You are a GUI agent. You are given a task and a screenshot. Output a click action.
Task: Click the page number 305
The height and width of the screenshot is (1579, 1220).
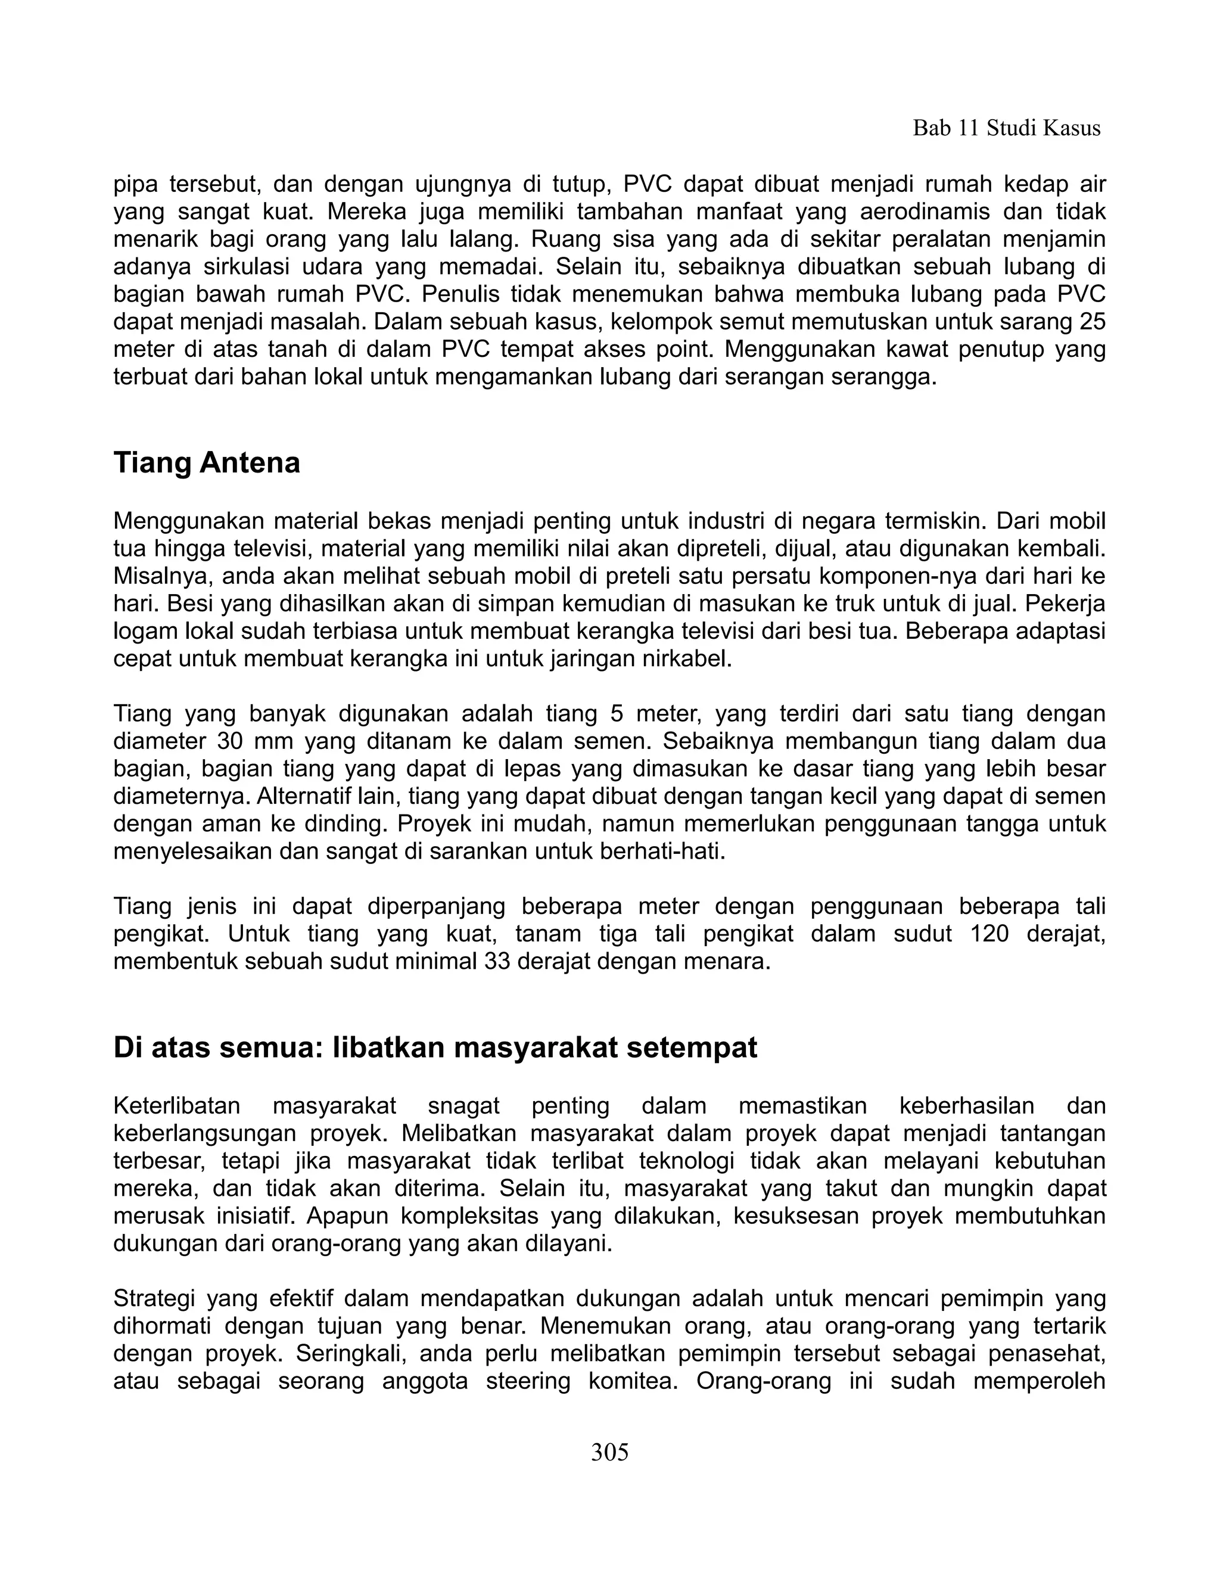pyautogui.click(x=609, y=1451)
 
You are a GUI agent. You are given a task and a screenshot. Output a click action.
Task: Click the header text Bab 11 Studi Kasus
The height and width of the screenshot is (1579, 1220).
pyautogui.click(x=1006, y=129)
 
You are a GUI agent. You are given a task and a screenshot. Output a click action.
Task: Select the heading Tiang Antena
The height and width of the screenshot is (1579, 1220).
pyautogui.click(x=207, y=463)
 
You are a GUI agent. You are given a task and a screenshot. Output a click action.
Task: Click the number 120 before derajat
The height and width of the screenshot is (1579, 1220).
pyautogui.click(x=989, y=934)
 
